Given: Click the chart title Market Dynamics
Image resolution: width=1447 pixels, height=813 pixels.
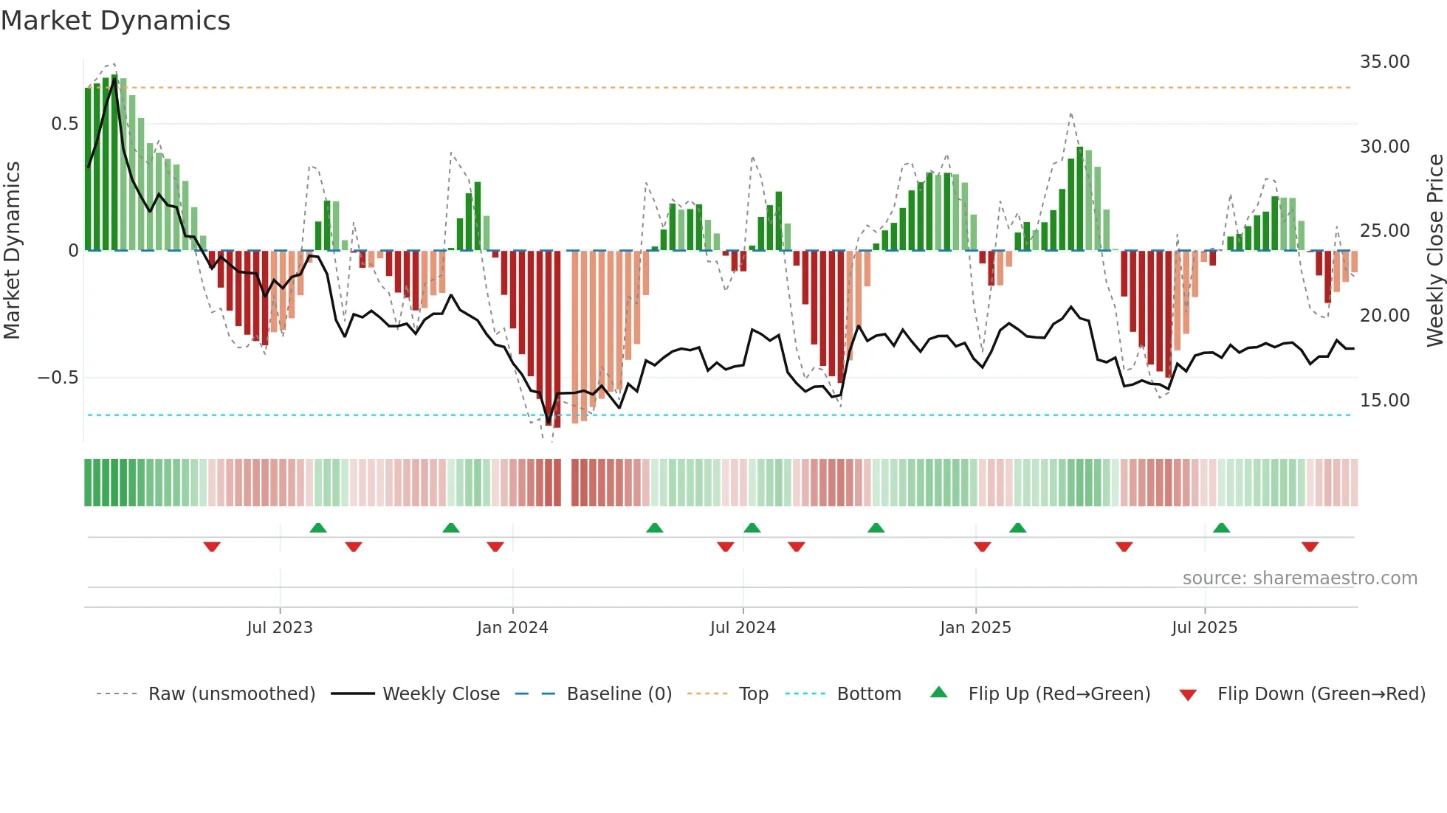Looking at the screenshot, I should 115,21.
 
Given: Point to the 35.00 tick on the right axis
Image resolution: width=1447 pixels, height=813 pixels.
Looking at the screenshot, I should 1384,62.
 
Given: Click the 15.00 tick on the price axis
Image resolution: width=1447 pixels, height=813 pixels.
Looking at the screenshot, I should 1384,401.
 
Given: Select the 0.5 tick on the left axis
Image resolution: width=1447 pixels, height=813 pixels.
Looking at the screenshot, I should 64,124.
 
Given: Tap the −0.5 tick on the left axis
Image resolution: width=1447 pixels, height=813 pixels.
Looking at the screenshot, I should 58,378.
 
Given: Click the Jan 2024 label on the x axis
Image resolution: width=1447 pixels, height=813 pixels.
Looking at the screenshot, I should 512,628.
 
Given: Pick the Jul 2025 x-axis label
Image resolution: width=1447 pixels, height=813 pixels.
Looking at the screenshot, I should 1204,628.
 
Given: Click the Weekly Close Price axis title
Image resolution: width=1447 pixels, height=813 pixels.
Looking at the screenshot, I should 1434,251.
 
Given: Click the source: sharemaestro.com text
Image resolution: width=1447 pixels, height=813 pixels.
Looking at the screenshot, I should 1299,578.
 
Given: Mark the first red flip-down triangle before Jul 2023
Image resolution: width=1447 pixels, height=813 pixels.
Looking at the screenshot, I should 212,547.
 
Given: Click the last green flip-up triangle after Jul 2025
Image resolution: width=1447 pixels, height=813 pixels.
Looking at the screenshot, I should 1221,527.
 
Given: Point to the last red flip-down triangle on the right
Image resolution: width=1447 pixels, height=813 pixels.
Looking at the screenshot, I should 1310,547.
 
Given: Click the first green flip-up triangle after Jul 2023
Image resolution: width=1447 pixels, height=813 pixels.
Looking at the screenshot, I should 318,527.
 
